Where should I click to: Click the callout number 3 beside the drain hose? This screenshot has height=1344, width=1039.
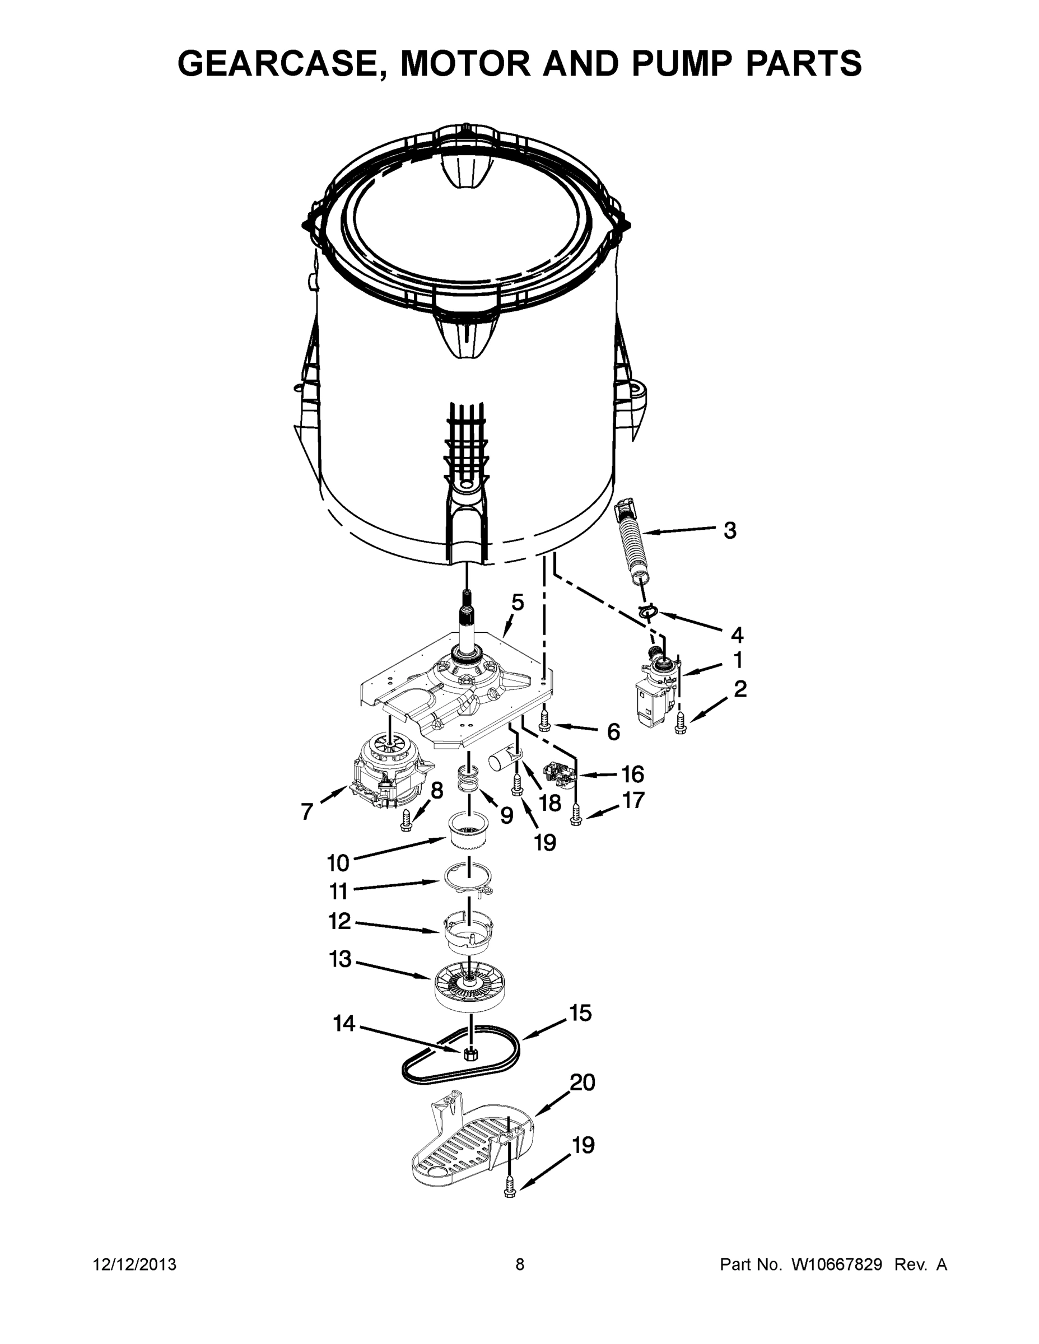coord(729,530)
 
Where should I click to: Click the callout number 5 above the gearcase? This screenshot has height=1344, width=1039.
coord(518,603)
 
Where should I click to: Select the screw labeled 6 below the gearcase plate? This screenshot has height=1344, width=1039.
coord(544,721)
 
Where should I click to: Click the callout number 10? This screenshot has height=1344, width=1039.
coord(338,864)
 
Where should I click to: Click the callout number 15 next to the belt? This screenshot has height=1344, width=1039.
coord(580,1013)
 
